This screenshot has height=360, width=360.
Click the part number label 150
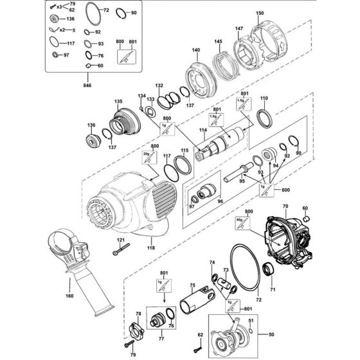pos(260,14)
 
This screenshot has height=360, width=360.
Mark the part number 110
pos(263,98)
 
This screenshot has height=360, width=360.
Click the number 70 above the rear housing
pos(283,206)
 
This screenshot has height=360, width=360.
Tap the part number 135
pos(118,102)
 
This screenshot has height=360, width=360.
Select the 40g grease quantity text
pos(239,219)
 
